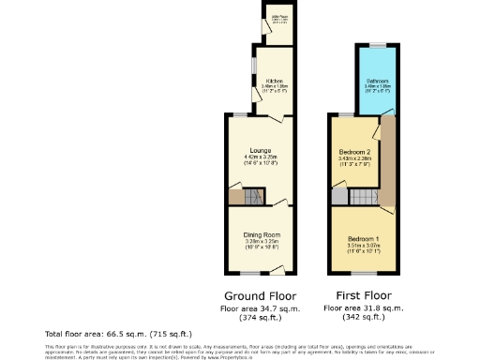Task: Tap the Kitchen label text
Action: pyautogui.click(x=272, y=80)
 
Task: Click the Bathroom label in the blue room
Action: pyautogui.click(x=376, y=82)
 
